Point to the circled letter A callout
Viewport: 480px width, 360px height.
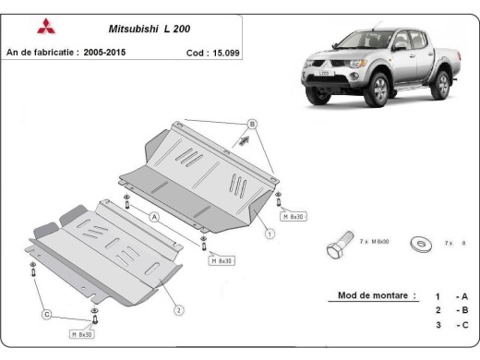(x=155, y=217)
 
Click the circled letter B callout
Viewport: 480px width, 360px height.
(x=250, y=125)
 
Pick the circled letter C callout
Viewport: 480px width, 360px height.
(x=46, y=315)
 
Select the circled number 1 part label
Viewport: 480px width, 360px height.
(x=270, y=234)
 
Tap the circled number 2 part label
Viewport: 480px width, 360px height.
(x=178, y=309)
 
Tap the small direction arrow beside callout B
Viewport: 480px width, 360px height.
(x=245, y=141)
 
